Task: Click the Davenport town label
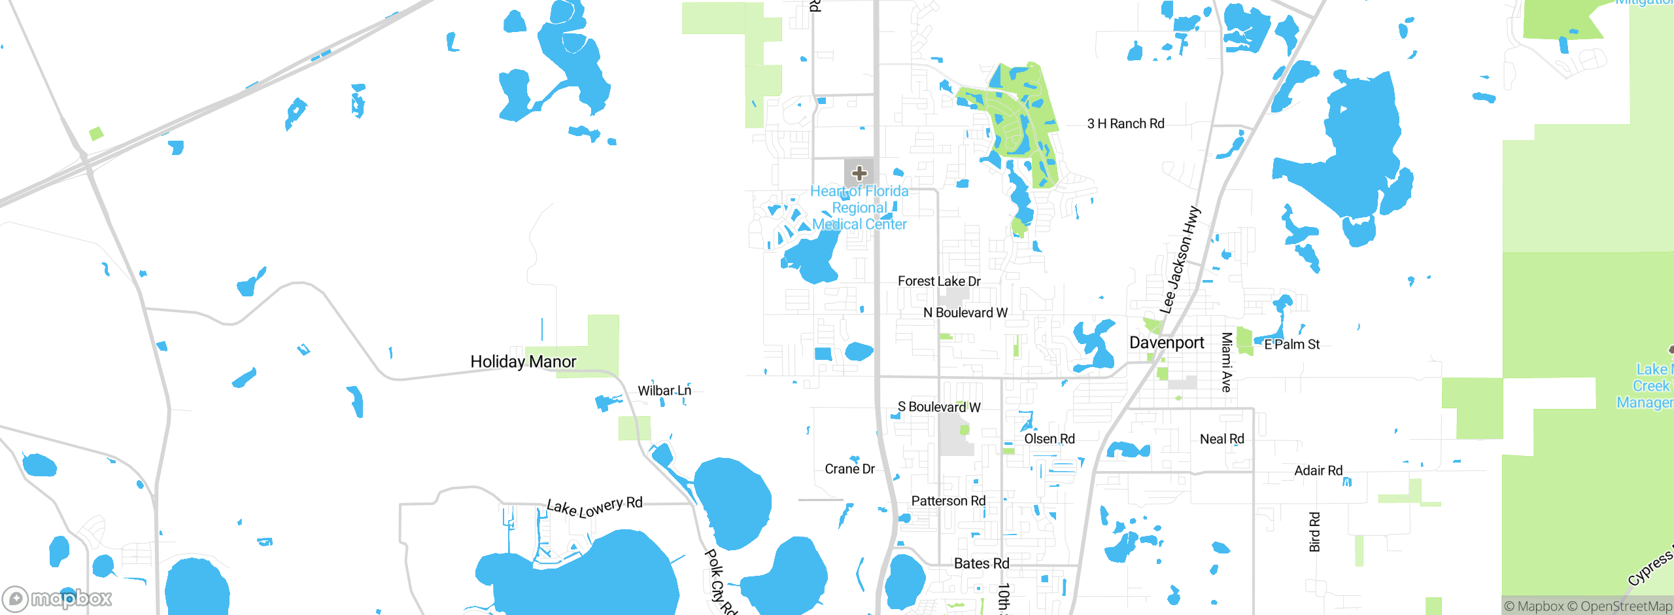(1167, 343)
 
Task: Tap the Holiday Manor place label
(523, 362)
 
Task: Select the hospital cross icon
(859, 173)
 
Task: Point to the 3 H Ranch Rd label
(1125, 124)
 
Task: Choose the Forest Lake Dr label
(939, 281)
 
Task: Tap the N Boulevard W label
(965, 313)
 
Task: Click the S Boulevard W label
(939, 407)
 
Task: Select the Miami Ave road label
(1227, 362)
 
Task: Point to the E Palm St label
(1291, 344)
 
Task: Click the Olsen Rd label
(1049, 439)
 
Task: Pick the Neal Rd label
(1221, 439)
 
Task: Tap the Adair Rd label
(1318, 470)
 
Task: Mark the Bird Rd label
(1314, 532)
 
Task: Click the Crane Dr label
(849, 469)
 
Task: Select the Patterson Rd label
(948, 501)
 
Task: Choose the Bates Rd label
(982, 563)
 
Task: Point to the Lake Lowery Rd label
(594, 506)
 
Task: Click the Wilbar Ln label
(664, 391)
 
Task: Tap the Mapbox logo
(58, 598)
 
